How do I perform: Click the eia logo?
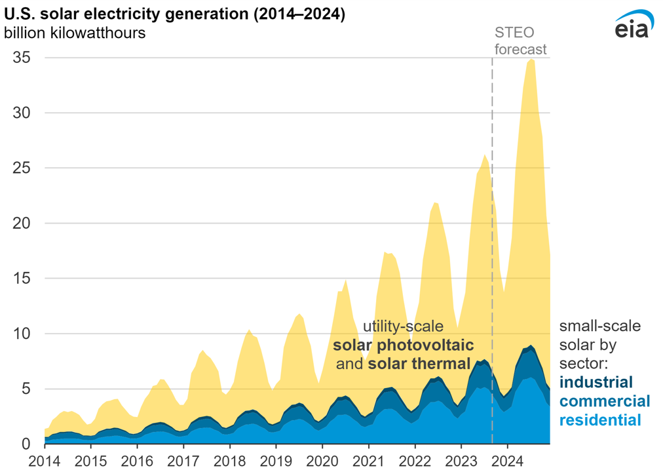pos(631,26)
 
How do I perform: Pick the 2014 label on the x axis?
pos(44,459)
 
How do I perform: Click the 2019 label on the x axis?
pos(276,459)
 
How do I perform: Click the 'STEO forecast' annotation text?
pos(520,40)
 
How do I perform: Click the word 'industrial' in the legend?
pos(596,382)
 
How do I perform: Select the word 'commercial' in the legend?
pos(605,401)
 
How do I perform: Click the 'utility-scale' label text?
pos(404,326)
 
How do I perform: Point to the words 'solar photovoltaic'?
pos(403,345)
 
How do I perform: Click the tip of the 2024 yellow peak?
pos(531,60)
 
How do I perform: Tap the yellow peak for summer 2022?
pos(436,203)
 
